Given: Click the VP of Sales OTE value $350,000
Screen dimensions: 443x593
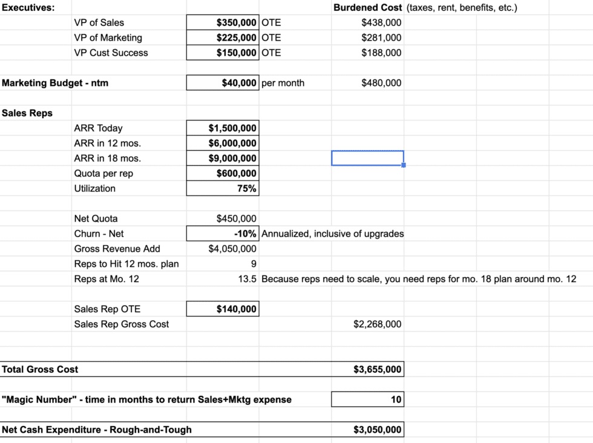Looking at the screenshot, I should coord(236,22).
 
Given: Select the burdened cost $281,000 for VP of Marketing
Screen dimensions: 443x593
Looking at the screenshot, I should coord(381,38).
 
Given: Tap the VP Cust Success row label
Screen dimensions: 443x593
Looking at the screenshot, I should coord(111,53).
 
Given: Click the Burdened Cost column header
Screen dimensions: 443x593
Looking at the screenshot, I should coord(367,7).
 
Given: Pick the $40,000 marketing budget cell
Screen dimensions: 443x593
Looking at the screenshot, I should coord(239,83).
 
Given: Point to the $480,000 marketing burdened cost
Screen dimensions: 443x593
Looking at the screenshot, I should coord(381,83).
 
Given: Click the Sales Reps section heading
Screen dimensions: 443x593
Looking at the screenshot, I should coord(27,113).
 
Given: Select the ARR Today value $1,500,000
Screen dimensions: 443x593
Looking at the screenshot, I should coord(232,128).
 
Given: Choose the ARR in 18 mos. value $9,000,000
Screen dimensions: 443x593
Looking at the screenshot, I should coord(232,159).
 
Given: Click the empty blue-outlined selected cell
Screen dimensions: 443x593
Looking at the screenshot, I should coord(367,158).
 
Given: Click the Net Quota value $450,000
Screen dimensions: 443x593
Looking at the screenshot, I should coord(236,218).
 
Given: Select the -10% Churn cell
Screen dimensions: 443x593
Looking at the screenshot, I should coord(245,234).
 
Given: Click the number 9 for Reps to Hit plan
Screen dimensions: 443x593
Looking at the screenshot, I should coord(253,264).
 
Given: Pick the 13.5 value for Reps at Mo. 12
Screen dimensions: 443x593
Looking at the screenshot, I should coord(248,279).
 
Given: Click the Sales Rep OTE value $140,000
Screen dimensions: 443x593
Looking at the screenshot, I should coord(236,309).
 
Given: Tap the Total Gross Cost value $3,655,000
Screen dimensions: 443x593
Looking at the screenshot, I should coord(377,369).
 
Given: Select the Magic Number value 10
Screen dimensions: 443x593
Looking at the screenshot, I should coord(396,399).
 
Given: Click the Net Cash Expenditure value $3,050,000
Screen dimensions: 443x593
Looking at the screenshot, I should coord(377,430).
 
